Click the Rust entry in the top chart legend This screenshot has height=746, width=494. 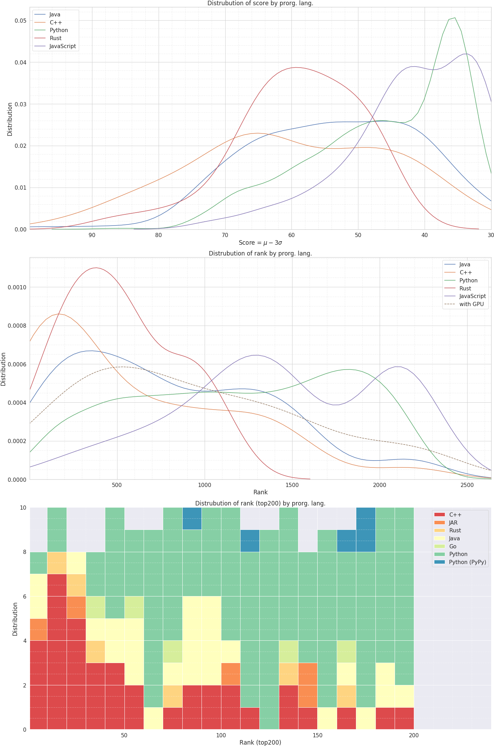55,38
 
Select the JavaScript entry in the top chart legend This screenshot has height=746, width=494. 62,46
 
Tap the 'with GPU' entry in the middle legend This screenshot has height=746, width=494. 471,304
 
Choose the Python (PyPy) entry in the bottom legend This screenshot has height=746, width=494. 467,562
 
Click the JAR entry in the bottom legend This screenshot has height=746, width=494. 453,523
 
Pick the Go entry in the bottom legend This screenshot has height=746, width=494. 453,547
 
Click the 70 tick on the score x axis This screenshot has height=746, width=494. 225,235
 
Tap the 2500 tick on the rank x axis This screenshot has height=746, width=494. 467,486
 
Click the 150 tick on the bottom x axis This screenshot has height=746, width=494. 317,736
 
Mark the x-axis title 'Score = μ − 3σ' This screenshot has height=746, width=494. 260,243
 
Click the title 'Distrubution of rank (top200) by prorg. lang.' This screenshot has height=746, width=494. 260,503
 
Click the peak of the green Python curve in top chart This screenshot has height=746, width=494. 455,18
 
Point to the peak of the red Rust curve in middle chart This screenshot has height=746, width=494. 96,268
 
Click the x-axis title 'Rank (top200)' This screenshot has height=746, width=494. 260,743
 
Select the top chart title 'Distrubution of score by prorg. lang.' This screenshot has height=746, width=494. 260,3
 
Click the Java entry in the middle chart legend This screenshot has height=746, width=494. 464,265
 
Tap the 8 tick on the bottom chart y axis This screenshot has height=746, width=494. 24,552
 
